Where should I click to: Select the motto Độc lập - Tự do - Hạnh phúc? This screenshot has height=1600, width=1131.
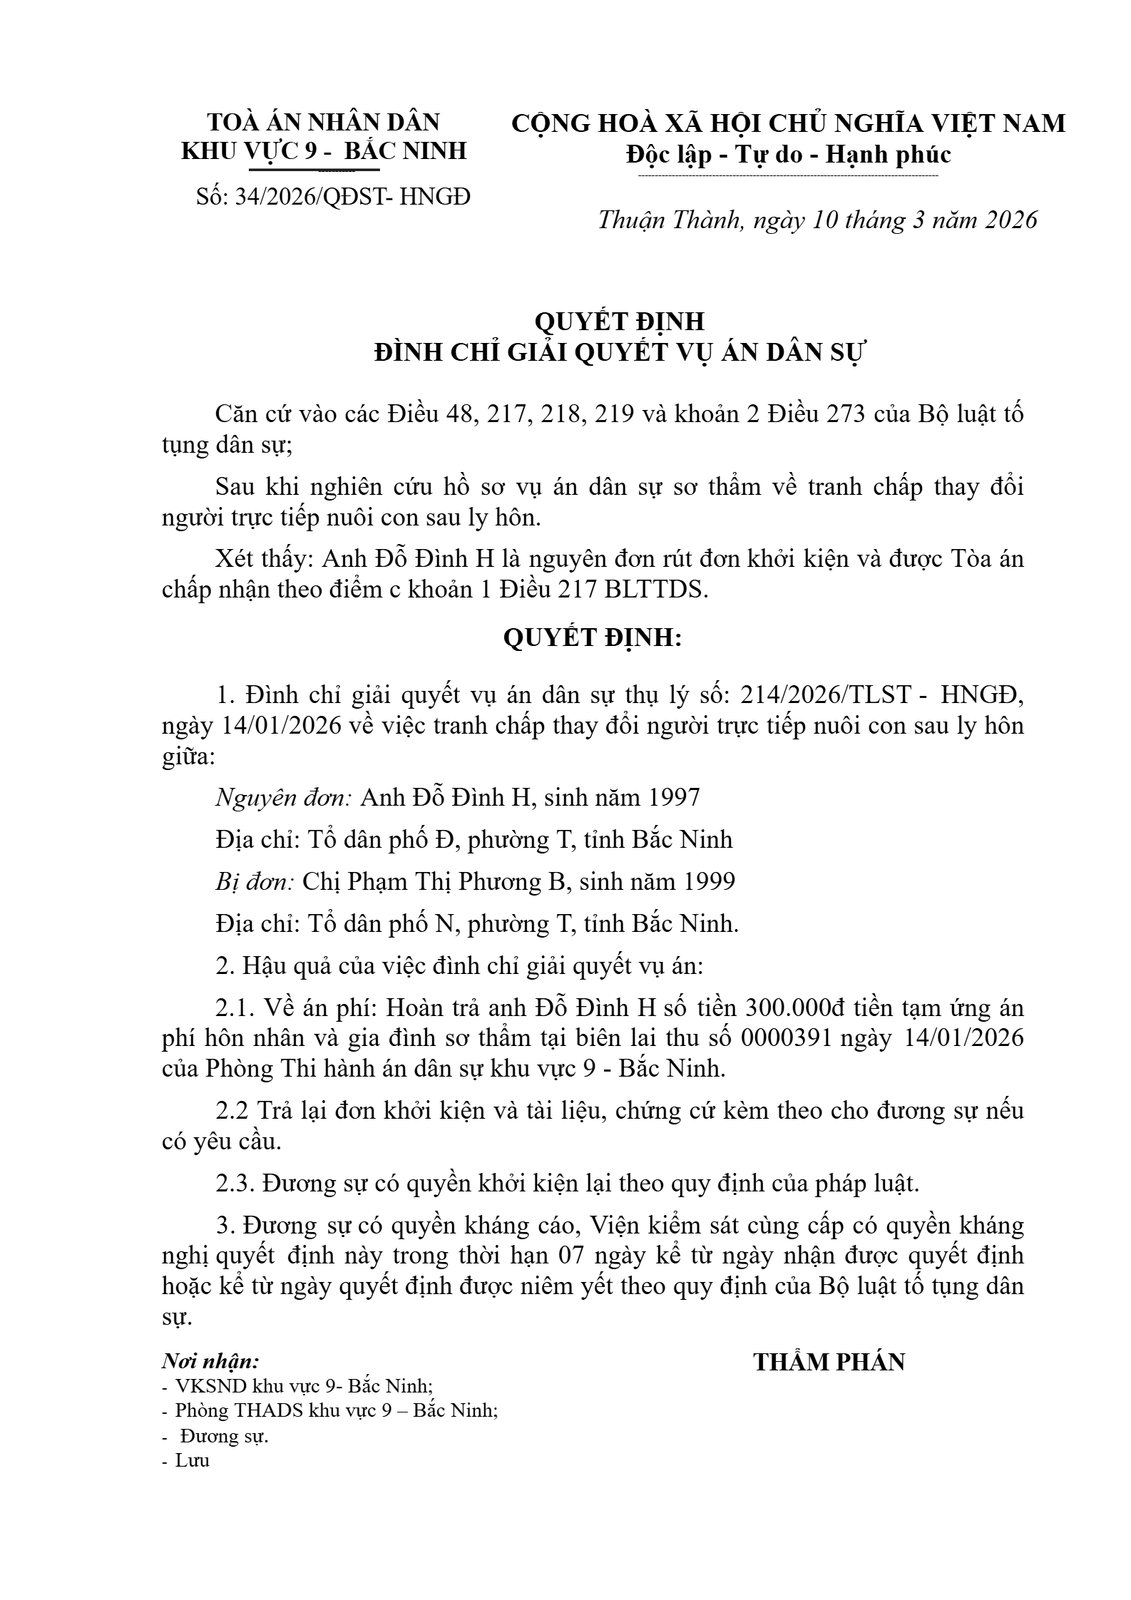click(x=788, y=155)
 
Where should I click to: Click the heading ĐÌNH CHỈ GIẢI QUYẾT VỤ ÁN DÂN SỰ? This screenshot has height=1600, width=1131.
click(x=619, y=353)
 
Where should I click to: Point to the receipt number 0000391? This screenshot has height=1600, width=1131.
click(x=786, y=1038)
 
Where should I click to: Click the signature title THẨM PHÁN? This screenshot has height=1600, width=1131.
click(x=829, y=1362)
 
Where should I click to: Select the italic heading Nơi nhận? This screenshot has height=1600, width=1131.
click(x=210, y=1361)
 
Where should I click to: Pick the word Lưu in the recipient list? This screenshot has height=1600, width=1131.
click(x=193, y=1460)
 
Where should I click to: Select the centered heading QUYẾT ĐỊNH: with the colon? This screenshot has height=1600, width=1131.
click(x=593, y=637)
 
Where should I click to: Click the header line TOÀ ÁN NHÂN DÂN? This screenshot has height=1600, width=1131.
click(x=324, y=123)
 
